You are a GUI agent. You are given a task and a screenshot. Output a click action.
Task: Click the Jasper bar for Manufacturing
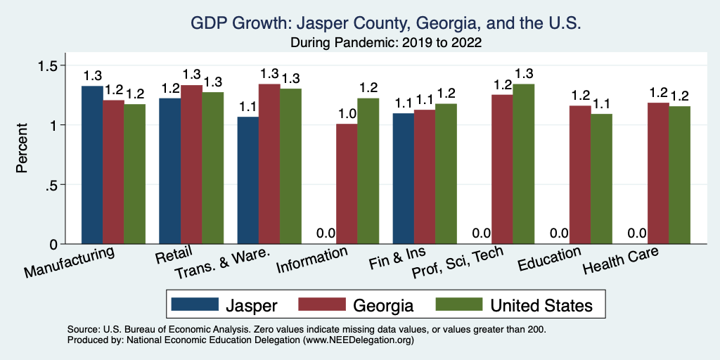tap(92, 165)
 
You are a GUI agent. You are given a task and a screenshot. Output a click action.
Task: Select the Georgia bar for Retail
tap(192, 165)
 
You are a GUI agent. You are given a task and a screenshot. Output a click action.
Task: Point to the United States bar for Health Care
tap(680, 175)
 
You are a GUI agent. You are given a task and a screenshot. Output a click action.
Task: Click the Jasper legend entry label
tap(251, 305)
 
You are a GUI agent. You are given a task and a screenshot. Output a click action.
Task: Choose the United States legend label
tap(541, 305)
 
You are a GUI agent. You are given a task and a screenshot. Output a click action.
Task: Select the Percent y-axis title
tap(23, 149)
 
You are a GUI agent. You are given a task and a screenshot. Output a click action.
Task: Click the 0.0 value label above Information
tap(325, 233)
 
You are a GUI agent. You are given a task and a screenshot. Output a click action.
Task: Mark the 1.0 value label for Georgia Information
tap(347, 112)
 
